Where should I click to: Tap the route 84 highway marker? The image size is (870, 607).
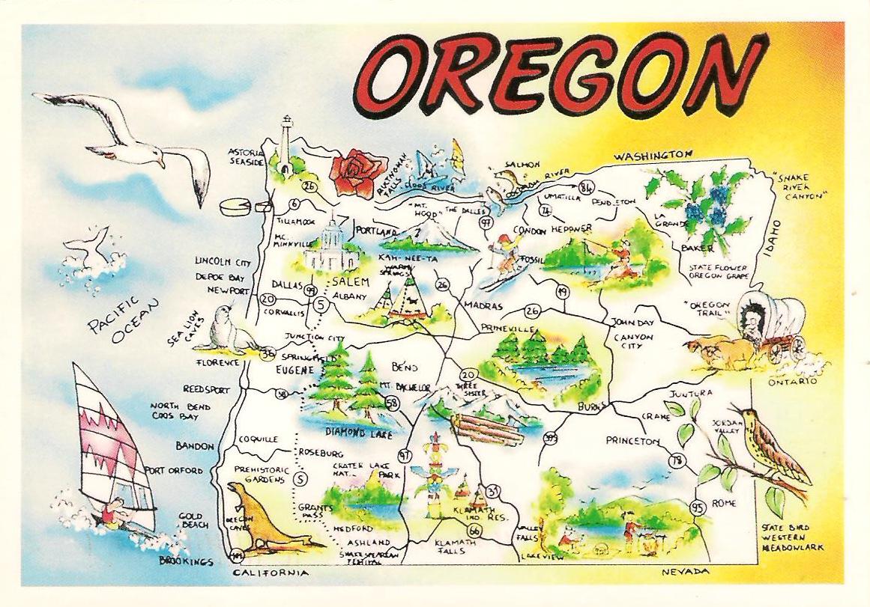click(586, 186)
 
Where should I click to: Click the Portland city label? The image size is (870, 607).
click(376, 231)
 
